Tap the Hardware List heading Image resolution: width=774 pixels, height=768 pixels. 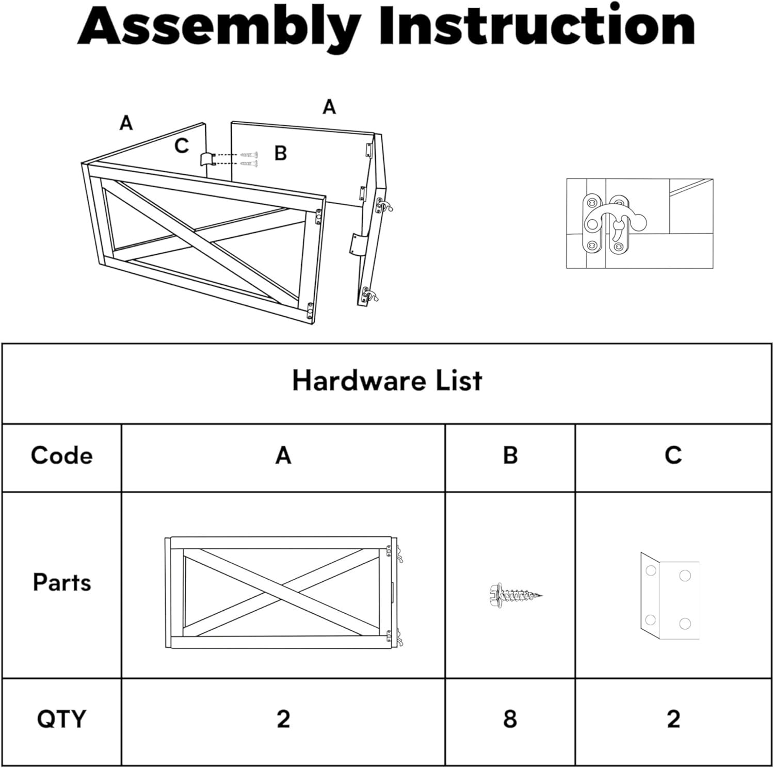point(386,381)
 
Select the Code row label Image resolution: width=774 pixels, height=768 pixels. point(61,455)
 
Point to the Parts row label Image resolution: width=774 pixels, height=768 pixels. point(61,583)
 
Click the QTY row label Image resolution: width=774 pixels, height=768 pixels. point(61,719)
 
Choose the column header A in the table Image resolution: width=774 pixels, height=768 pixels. point(283,455)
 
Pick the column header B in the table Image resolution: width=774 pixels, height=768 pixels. point(510,455)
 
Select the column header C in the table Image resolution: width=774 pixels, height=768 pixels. point(673,455)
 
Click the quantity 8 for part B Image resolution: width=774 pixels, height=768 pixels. point(510,719)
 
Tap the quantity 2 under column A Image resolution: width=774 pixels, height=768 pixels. point(283,719)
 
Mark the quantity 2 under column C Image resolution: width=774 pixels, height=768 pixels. point(673,719)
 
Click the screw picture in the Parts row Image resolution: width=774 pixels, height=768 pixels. point(514,595)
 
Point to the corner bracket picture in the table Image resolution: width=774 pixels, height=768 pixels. point(670,596)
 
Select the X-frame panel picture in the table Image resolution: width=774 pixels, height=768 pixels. point(283,592)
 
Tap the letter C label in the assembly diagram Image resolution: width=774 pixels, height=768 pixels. point(181,146)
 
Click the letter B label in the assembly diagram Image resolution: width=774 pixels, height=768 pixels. point(280,153)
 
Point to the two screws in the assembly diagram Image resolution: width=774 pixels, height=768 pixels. point(249,159)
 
